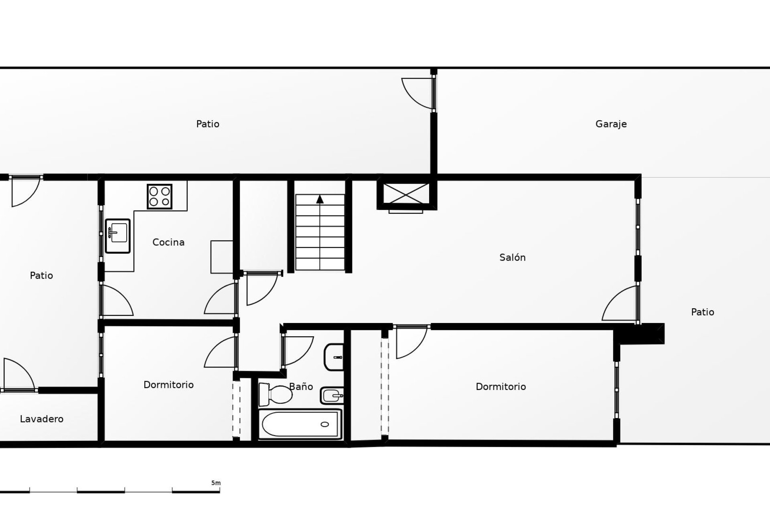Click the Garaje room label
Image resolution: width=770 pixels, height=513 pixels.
611,124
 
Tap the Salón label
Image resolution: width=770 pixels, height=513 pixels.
512,257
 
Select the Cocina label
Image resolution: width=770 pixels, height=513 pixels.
168,242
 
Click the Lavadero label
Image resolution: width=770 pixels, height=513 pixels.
42,419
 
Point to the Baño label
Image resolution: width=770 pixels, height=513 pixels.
301,386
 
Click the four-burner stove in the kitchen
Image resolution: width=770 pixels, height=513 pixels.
160,196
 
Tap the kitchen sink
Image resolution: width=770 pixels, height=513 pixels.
118,236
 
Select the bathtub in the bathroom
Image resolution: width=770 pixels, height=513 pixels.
300,424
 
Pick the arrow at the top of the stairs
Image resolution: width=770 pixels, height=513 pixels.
320,199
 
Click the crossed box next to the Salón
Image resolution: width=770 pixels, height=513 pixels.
406,194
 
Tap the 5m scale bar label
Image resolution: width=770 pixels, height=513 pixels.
216,483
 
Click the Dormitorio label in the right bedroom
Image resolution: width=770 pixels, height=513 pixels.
500,387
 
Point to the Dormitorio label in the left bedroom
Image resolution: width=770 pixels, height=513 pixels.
168,385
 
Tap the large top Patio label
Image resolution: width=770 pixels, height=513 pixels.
208,124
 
